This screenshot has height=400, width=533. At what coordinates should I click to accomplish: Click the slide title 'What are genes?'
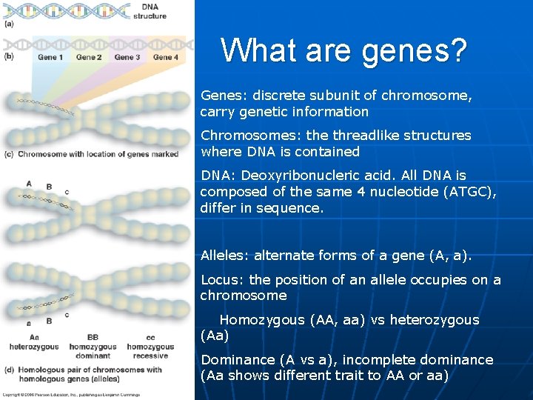click(x=343, y=51)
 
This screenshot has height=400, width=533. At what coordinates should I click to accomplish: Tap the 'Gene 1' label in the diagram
click(x=50, y=57)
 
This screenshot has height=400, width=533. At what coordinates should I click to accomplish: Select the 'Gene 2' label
click(x=89, y=57)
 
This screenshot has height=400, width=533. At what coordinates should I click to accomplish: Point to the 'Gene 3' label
click(x=127, y=57)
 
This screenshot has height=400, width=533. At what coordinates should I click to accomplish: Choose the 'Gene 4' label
click(x=166, y=57)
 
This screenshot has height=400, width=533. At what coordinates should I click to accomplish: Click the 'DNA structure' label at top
click(x=150, y=11)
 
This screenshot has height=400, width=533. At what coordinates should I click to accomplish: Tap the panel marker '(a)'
click(x=10, y=24)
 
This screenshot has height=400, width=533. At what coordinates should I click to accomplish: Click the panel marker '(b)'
click(x=10, y=56)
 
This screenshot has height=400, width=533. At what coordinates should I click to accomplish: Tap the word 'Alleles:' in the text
click(x=225, y=256)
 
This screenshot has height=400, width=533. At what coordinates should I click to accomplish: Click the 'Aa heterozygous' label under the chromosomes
click(x=34, y=342)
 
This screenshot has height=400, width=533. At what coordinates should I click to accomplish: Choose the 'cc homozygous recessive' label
click(x=150, y=346)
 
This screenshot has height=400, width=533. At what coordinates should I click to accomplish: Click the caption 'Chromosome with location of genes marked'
click(x=98, y=154)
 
